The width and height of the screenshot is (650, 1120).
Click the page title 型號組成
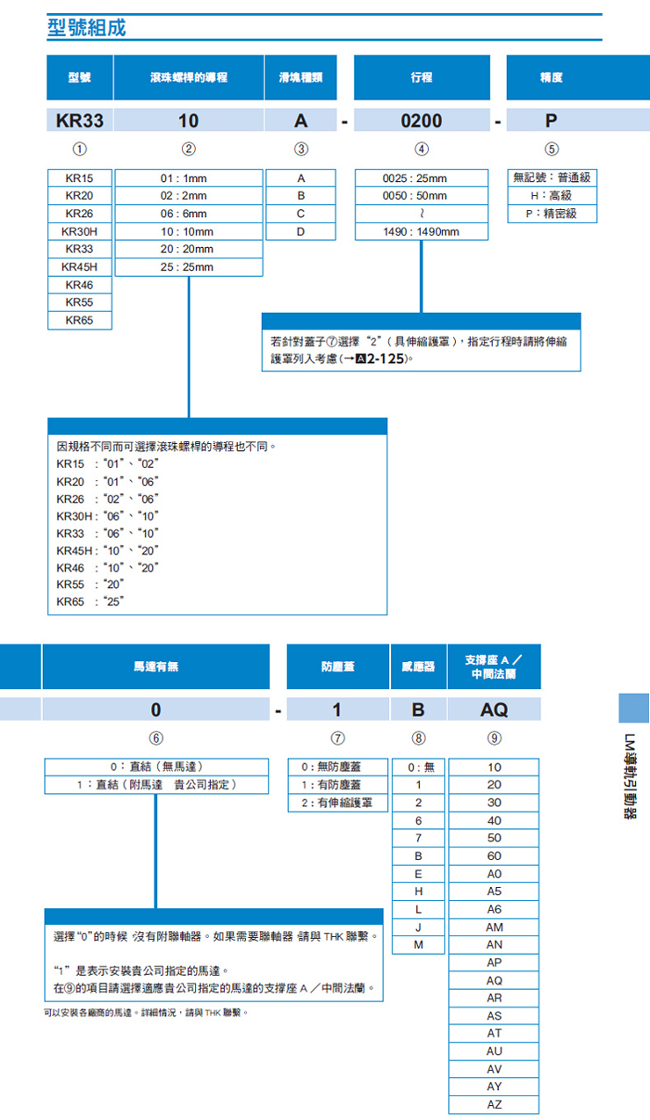click(x=86, y=27)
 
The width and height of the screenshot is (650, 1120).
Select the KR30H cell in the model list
click(x=79, y=231)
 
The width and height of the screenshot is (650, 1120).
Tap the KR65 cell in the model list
click(x=79, y=321)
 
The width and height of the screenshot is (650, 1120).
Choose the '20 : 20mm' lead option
click(x=188, y=250)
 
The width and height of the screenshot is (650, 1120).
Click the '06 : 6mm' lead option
click(x=188, y=214)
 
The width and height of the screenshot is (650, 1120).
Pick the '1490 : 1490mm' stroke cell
click(x=422, y=231)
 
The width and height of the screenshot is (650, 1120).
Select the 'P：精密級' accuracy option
click(x=552, y=214)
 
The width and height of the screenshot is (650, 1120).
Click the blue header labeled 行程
click(x=422, y=77)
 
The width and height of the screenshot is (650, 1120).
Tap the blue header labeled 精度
click(x=552, y=77)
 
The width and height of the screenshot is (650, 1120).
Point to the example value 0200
click(x=422, y=120)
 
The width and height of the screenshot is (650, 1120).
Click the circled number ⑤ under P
click(x=552, y=148)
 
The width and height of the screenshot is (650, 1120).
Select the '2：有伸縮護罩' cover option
click(x=337, y=803)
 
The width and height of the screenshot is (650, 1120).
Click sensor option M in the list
click(x=419, y=945)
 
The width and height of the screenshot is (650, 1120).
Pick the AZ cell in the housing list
click(x=495, y=1105)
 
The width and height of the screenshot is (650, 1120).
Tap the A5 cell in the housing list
click(x=495, y=891)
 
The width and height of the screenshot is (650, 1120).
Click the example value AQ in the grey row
click(x=495, y=709)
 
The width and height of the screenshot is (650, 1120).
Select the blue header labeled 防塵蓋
click(x=338, y=666)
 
